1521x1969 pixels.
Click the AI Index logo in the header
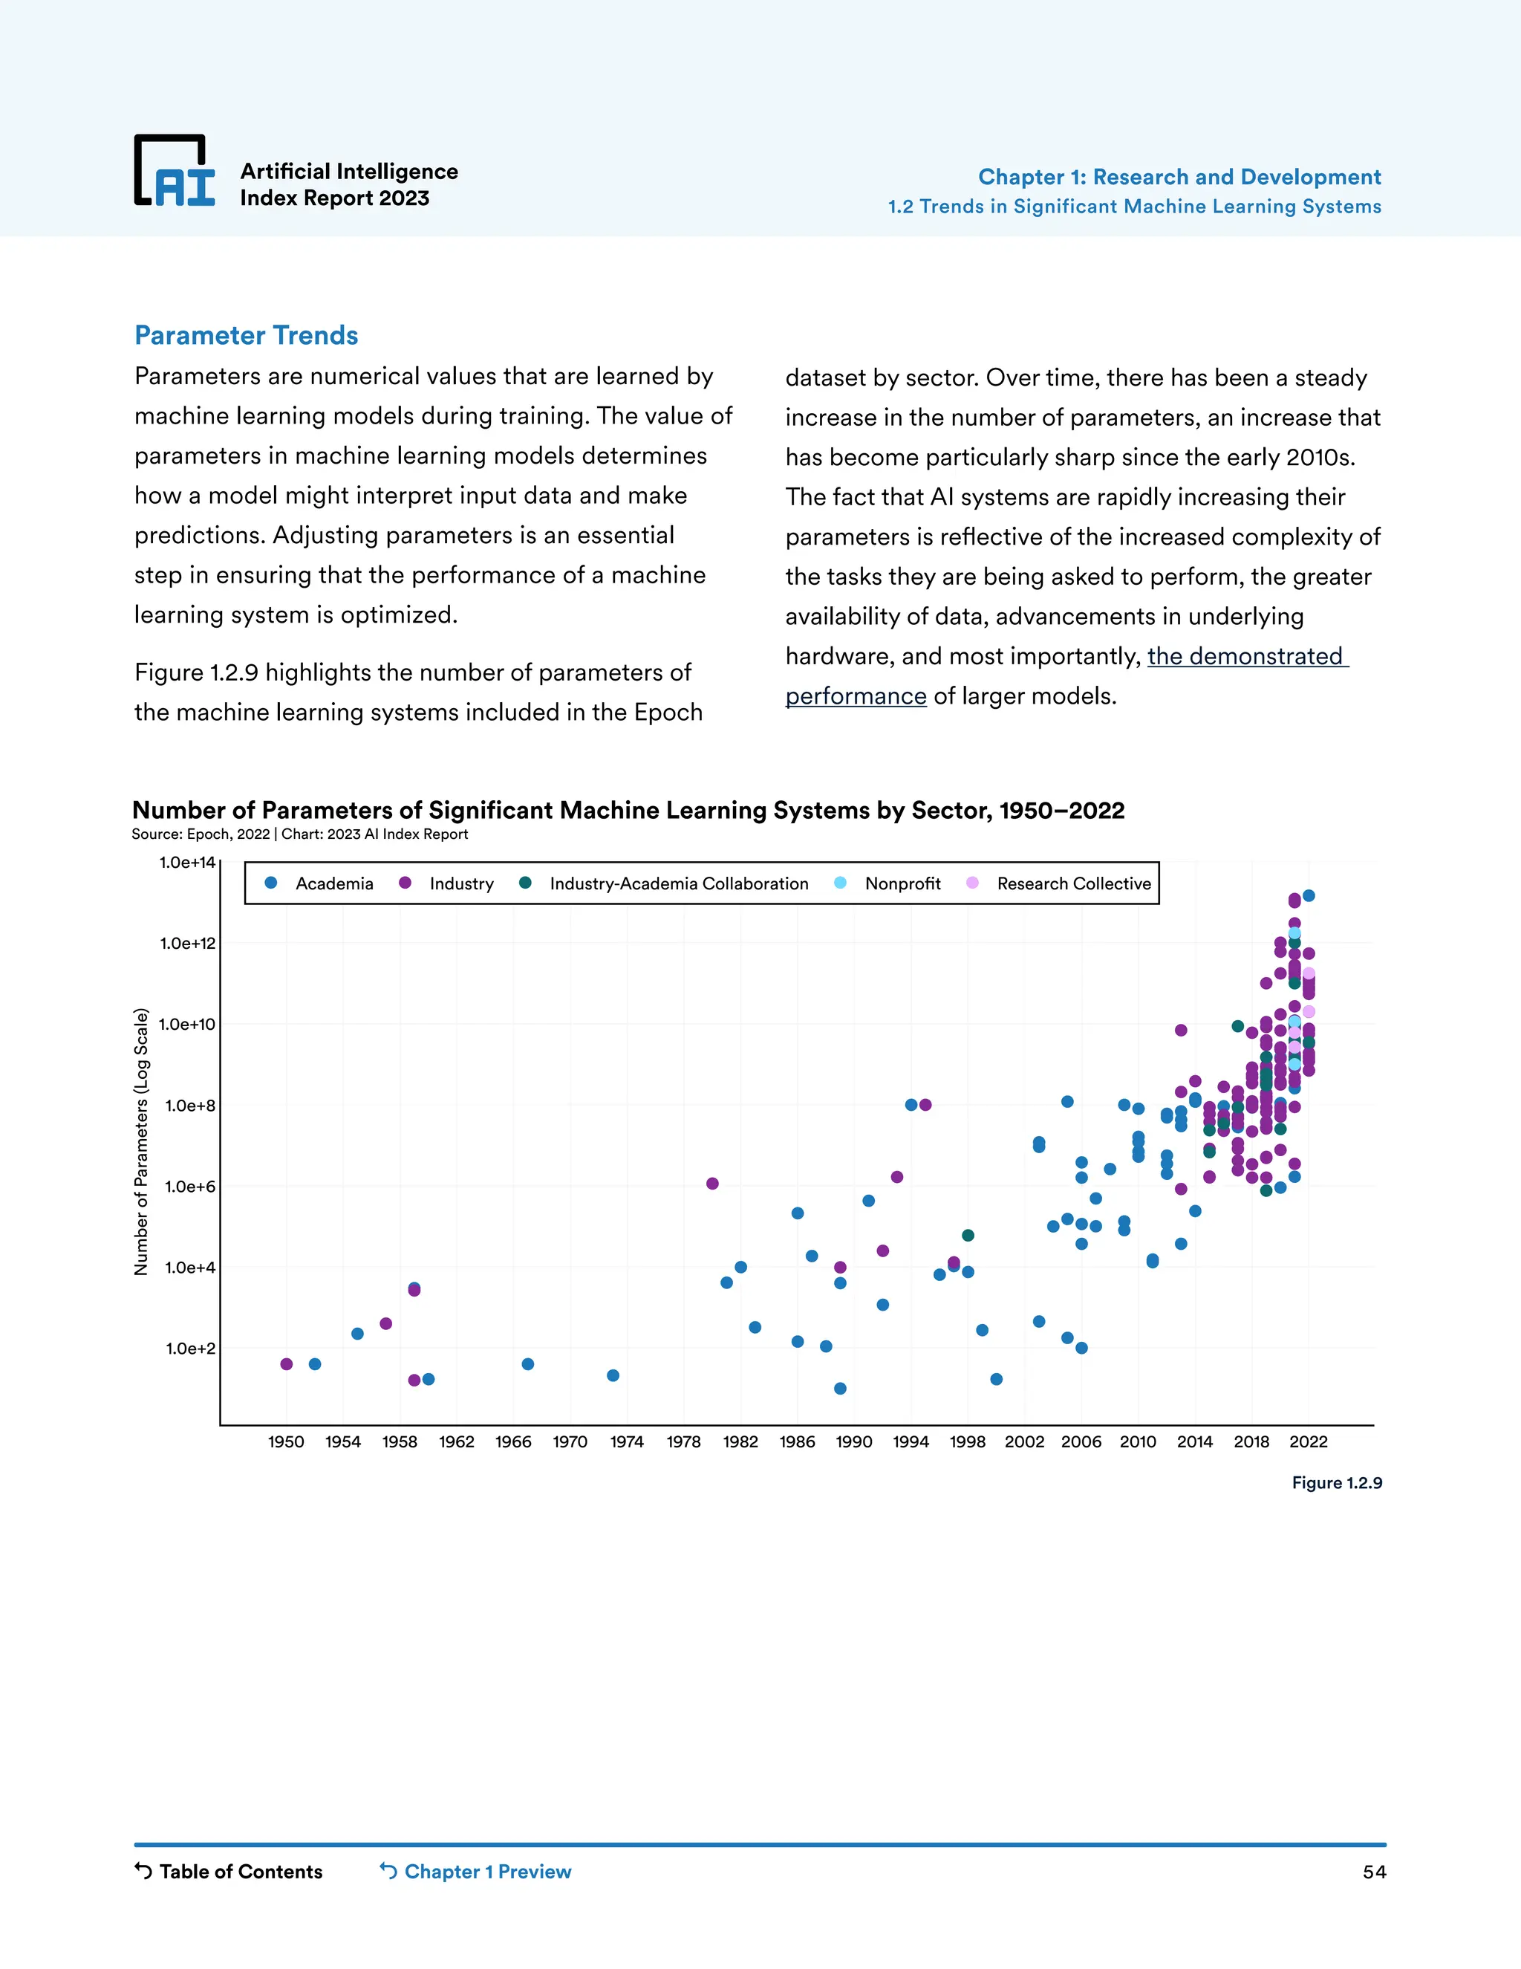click(x=175, y=172)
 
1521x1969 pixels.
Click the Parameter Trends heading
click(x=246, y=335)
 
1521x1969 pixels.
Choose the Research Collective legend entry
click(x=1059, y=883)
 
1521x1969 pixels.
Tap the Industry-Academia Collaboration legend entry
click(x=664, y=883)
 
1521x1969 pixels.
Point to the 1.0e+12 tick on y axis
click(x=187, y=944)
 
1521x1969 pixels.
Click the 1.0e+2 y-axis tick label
click(x=190, y=1349)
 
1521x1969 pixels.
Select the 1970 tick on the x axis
click(x=570, y=1441)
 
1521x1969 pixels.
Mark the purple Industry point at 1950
click(x=287, y=1364)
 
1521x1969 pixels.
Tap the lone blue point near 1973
click(x=613, y=1376)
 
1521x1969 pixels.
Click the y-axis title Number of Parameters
click(x=141, y=1141)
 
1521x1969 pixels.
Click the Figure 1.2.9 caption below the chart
click(x=1336, y=1483)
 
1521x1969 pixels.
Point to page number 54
click(x=1373, y=1872)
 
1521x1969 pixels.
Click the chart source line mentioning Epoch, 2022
click(x=299, y=834)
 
